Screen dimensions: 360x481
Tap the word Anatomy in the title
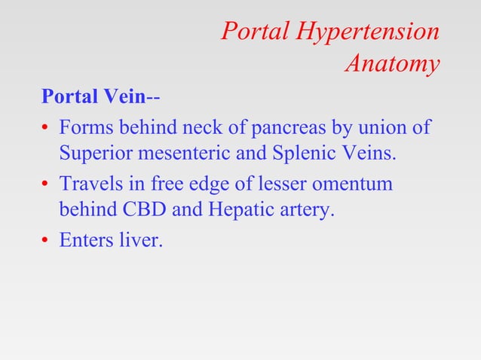pos(392,64)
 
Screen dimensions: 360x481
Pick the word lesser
pos(281,183)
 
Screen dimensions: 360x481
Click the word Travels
pos(91,183)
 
